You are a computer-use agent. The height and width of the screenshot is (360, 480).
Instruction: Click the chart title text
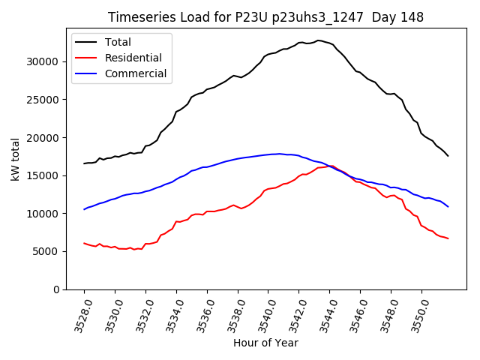coord(265,17)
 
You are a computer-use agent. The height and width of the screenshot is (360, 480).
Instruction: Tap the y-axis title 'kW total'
coord(16,159)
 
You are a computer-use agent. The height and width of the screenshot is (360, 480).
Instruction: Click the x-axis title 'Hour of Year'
coord(265,343)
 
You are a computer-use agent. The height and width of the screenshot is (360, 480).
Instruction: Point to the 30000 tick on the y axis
coord(46,61)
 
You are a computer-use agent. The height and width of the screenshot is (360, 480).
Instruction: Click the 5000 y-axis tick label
coord(49,251)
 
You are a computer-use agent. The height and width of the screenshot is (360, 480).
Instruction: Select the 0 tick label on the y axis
coord(57,289)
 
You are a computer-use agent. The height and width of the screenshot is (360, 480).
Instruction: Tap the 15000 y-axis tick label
coord(46,175)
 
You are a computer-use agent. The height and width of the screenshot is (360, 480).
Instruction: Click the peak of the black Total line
coord(318,40)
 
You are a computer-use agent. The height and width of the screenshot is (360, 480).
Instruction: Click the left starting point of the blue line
coord(84,209)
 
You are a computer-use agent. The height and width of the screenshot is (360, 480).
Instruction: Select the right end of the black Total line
coord(448,155)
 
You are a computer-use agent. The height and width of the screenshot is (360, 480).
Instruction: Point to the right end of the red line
coord(448,238)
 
